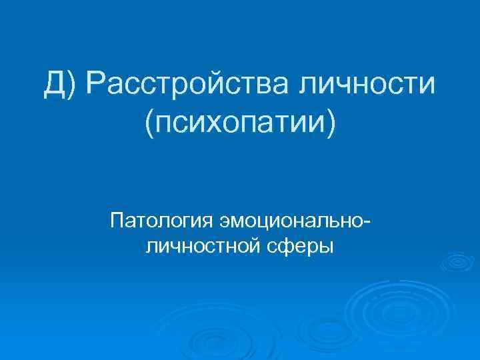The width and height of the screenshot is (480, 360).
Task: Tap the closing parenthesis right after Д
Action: [72, 86]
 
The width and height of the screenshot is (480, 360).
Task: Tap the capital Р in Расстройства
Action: [93, 85]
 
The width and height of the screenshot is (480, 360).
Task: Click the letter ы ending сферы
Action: [325, 247]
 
